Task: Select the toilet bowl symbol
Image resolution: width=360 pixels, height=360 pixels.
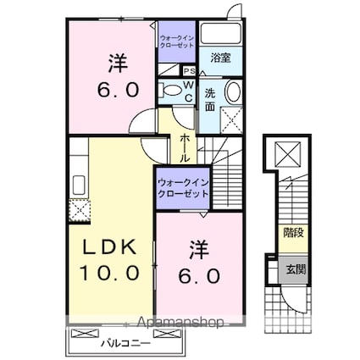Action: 171,89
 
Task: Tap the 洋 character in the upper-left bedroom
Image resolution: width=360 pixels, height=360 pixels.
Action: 117,61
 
